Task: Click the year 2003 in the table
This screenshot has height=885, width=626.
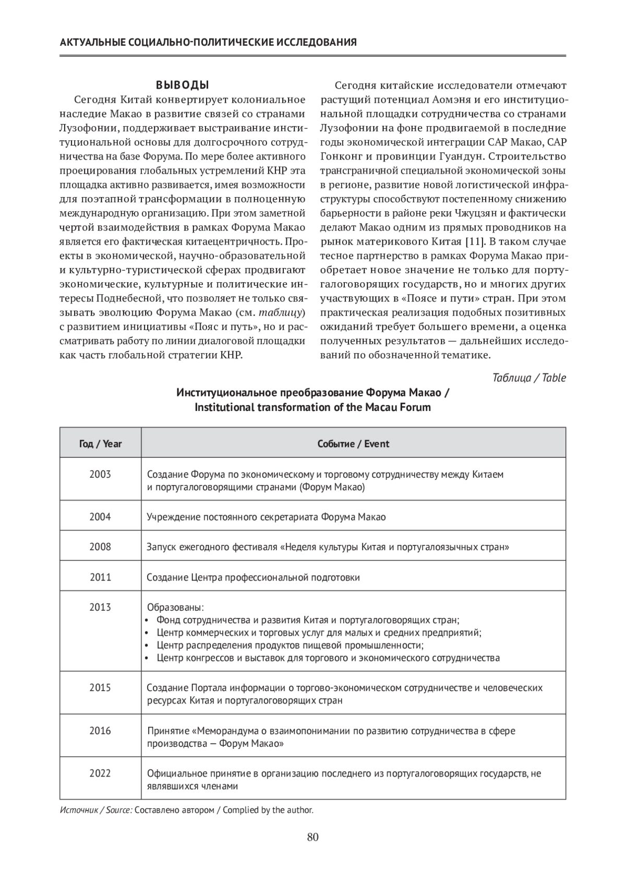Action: click(x=100, y=474)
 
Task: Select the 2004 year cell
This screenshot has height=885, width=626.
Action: click(x=100, y=517)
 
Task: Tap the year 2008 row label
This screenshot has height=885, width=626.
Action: click(x=100, y=547)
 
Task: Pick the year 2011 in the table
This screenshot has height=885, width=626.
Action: click(x=100, y=577)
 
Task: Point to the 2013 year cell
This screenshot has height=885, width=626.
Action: click(x=100, y=607)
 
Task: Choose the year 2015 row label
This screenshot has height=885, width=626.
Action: click(x=100, y=687)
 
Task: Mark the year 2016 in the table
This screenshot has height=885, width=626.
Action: click(x=100, y=731)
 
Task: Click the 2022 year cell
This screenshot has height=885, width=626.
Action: click(x=100, y=773)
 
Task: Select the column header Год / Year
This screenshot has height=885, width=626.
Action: click(x=100, y=444)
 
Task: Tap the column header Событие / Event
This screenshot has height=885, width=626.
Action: click(x=353, y=444)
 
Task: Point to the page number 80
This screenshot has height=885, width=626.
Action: click(x=313, y=838)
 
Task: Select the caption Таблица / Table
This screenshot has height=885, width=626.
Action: click(x=529, y=378)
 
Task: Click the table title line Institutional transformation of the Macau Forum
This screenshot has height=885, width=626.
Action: click(x=312, y=407)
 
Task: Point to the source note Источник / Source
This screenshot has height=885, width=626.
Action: click(x=96, y=810)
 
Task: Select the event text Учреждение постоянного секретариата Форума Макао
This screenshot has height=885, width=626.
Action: click(x=266, y=517)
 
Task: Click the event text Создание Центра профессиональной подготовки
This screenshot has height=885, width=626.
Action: click(x=253, y=577)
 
